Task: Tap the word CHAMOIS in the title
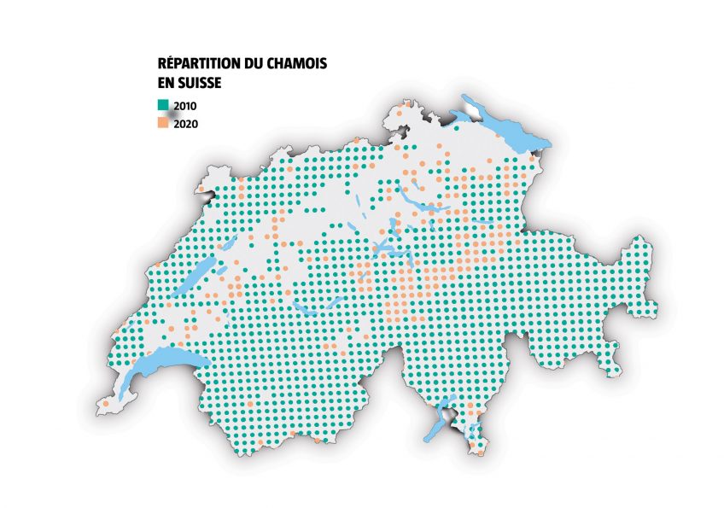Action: pyautogui.click(x=298, y=64)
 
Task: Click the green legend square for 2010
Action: pyautogui.click(x=162, y=104)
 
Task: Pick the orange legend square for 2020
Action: pyautogui.click(x=162, y=123)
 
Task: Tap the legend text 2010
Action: pyautogui.click(x=185, y=105)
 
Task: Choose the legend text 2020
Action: pyautogui.click(x=185, y=124)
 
